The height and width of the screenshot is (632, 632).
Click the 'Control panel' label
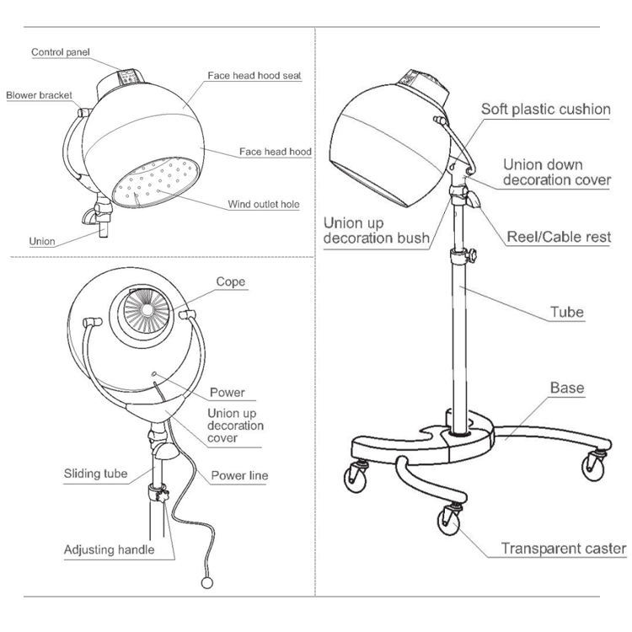[65, 52]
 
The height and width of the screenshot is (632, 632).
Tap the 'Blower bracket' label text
[39, 95]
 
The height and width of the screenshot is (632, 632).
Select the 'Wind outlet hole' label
[263, 204]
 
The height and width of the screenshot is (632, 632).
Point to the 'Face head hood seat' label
[254, 76]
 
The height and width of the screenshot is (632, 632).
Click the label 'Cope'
[231, 281]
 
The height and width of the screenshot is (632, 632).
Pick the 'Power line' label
[239, 476]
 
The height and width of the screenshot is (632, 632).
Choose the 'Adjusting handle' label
[109, 550]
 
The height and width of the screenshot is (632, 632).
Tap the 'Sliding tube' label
[96, 474]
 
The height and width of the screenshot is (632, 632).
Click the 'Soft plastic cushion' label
[545, 109]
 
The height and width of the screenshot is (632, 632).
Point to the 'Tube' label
[567, 312]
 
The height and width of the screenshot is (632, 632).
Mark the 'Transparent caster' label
[564, 549]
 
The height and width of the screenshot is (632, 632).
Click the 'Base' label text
[567, 388]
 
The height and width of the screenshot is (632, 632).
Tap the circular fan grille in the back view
[153, 312]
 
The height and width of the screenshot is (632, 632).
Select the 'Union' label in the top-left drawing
[42, 242]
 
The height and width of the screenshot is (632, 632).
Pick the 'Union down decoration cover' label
[557, 172]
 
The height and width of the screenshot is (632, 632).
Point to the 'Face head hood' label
[276, 153]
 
